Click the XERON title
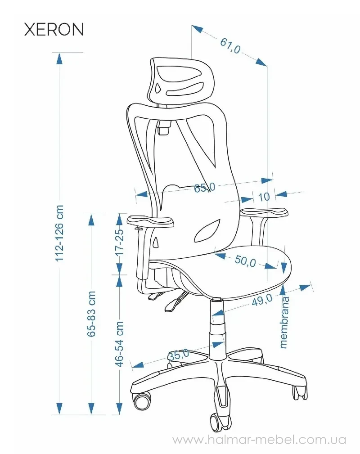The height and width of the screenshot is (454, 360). click(54, 29)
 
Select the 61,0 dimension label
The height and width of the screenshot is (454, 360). click(230, 46)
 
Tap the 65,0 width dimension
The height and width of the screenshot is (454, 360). click(204, 188)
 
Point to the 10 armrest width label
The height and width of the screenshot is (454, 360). click(264, 197)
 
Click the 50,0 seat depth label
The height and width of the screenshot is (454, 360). click(245, 261)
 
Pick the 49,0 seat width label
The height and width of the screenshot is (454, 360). click(262, 300)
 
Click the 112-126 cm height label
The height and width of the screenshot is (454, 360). click(59, 233)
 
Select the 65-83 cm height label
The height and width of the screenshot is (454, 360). click(91, 314)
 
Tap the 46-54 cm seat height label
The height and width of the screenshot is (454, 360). click(119, 344)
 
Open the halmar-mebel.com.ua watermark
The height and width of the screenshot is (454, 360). click(259, 440)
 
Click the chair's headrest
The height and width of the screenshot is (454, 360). click(182, 81)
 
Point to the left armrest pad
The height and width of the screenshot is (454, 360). click(150, 221)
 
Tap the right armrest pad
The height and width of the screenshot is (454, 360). click(264, 212)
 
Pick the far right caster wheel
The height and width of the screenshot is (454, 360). click(300, 393)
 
